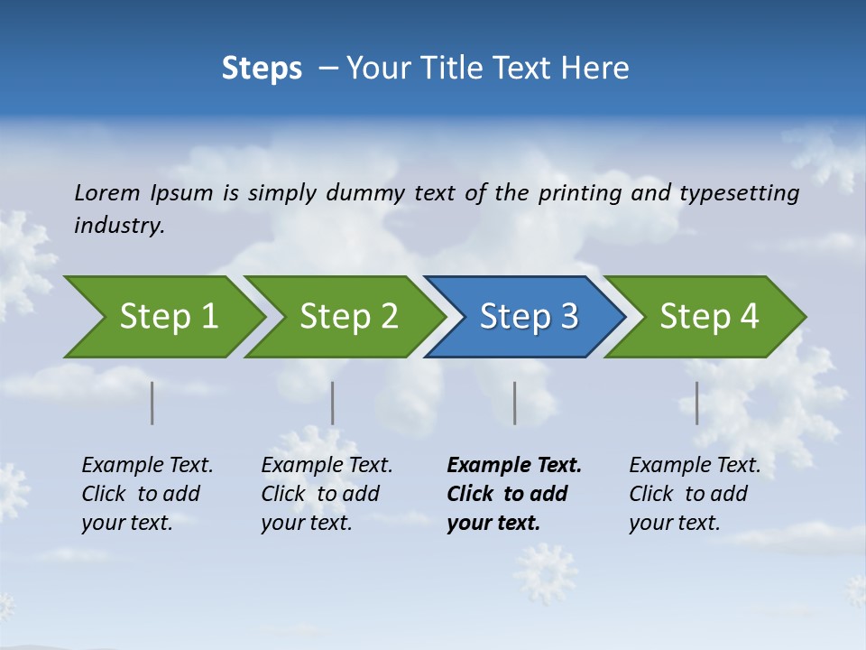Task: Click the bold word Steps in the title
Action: (262, 69)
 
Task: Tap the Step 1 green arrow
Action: (166, 317)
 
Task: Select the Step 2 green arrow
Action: (347, 317)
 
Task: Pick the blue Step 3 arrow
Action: (528, 317)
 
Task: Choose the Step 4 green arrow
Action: (708, 317)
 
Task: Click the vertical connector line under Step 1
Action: (152, 403)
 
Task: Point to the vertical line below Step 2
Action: (333, 403)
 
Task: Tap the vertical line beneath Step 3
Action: (515, 403)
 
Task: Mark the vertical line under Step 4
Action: (697, 403)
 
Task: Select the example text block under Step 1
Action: (147, 494)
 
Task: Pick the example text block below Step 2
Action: (327, 494)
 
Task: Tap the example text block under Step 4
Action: (695, 494)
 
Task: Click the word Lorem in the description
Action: (107, 193)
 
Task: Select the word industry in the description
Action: (119, 226)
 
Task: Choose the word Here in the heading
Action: (596, 69)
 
